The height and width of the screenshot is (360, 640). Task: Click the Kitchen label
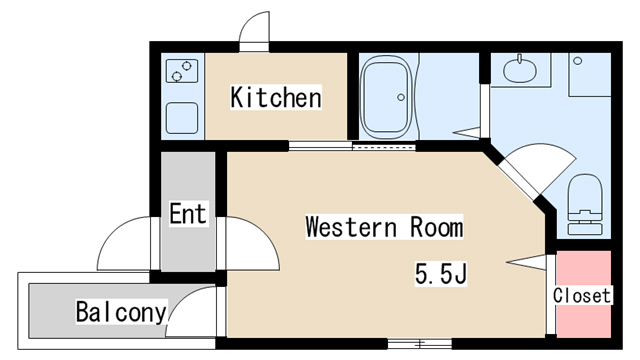tap(276, 97)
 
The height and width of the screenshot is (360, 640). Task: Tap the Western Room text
tap(384, 227)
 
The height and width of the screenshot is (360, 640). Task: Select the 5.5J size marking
tap(441, 274)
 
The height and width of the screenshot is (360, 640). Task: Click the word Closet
tap(582, 296)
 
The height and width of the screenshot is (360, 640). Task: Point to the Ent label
tap(188, 213)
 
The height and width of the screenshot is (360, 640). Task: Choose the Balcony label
tap(121, 312)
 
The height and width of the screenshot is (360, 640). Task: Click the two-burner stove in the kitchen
tap(182, 71)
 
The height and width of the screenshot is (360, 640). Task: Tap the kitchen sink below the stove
tap(182, 118)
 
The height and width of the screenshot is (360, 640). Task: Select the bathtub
tap(385, 97)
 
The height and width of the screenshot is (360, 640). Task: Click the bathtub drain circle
tap(401, 97)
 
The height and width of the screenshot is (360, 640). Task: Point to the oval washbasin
tap(520, 70)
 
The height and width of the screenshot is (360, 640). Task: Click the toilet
tap(585, 204)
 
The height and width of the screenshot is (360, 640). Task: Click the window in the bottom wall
tap(419, 344)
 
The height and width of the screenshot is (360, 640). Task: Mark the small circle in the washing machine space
tap(578, 61)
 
